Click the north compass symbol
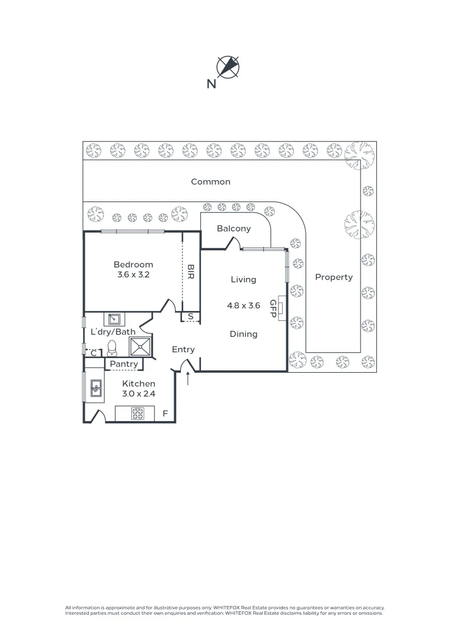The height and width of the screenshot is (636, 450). [228, 67]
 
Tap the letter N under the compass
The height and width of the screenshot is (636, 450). [211, 84]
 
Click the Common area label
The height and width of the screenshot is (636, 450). [210, 182]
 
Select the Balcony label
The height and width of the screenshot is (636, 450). [234, 228]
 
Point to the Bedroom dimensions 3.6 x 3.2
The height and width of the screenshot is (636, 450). [133, 274]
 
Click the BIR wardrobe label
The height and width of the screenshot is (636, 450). [190, 271]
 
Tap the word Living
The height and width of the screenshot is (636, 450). [243, 280]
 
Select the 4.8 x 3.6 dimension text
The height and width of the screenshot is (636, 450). [243, 306]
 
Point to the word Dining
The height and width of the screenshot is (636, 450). [243, 334]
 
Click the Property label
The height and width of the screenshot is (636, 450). [333, 277]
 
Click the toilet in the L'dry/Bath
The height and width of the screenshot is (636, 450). [112, 347]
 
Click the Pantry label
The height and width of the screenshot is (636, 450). [124, 365]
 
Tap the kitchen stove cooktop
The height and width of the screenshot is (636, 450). [138, 414]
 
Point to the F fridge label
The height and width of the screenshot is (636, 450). [166, 414]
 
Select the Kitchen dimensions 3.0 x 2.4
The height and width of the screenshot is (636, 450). [138, 394]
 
